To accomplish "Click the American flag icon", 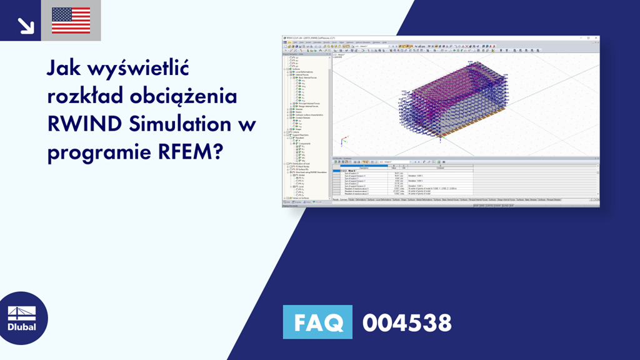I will click(x=71, y=21).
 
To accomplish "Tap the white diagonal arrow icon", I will click(x=25, y=25).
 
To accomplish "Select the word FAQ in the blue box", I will click(x=318, y=322).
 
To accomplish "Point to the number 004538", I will click(x=407, y=322).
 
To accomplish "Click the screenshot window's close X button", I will click(x=596, y=38).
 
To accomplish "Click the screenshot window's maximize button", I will click(x=591, y=38).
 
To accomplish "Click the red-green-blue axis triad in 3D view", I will click(x=341, y=141).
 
